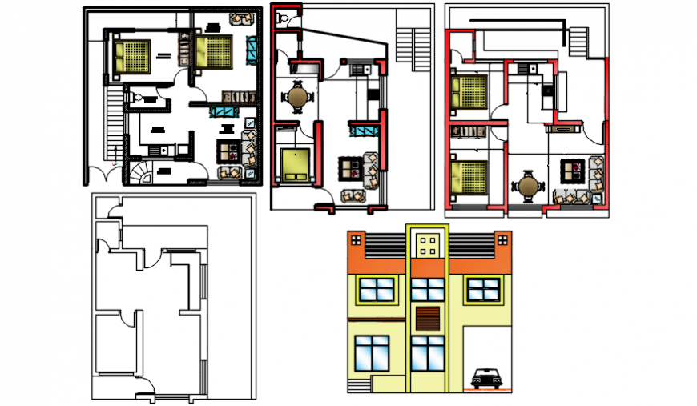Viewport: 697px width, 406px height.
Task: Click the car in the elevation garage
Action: (486, 378)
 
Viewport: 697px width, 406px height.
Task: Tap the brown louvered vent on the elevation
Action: (428, 318)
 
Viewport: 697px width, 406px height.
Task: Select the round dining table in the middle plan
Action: (299, 97)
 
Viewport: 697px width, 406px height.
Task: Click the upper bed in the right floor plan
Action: (469, 91)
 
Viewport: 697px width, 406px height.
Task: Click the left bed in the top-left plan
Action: (131, 58)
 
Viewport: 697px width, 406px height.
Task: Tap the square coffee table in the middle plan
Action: (350, 168)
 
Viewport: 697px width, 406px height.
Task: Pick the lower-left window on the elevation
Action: (371, 353)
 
